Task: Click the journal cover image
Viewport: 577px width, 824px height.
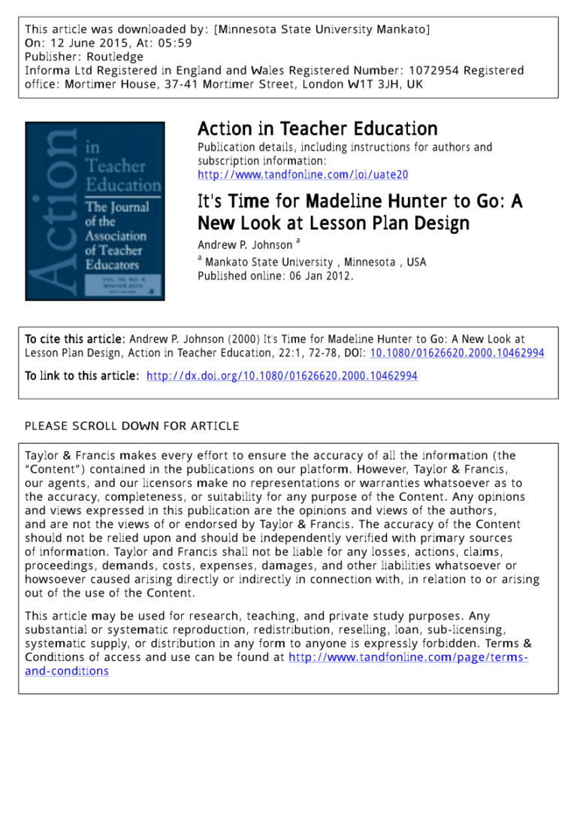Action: (x=95, y=211)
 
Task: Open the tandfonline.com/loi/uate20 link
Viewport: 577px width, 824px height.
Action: (x=303, y=174)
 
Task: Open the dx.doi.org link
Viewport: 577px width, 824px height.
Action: (x=282, y=376)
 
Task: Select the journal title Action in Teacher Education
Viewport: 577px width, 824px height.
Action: (x=317, y=129)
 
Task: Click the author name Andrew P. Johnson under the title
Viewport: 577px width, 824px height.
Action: (x=245, y=245)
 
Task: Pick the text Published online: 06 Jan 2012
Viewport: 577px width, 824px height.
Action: (x=276, y=276)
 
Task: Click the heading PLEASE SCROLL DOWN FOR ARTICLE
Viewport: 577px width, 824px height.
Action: (x=132, y=426)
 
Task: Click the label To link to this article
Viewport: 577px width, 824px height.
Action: (x=82, y=376)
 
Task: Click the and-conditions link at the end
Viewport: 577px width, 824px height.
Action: (x=67, y=671)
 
